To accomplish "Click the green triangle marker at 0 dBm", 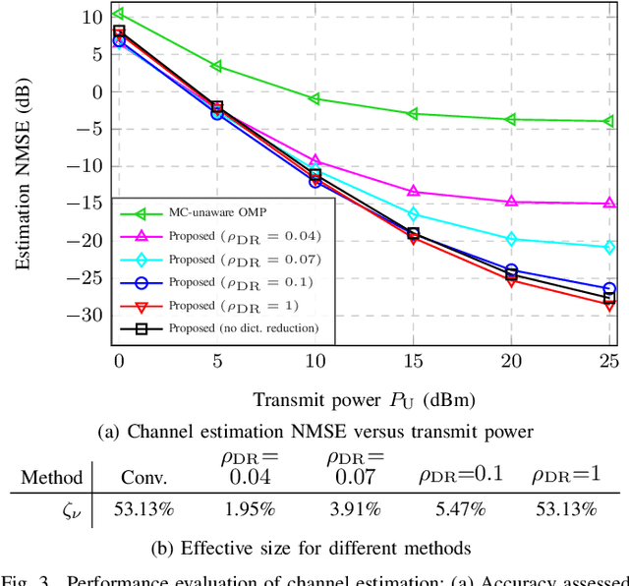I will (118, 14).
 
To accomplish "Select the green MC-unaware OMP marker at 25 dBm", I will (609, 121).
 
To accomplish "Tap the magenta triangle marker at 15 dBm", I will (413, 191).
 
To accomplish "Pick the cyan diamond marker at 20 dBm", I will (511, 239).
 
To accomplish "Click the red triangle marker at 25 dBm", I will (609, 305).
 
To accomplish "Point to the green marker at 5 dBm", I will (216, 66).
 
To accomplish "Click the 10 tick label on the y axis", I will (92, 17).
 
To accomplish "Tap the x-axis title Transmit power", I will (364, 399).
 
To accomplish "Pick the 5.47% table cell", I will (461, 508).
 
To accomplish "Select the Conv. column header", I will (143, 478).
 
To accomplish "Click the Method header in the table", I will (51, 478).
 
